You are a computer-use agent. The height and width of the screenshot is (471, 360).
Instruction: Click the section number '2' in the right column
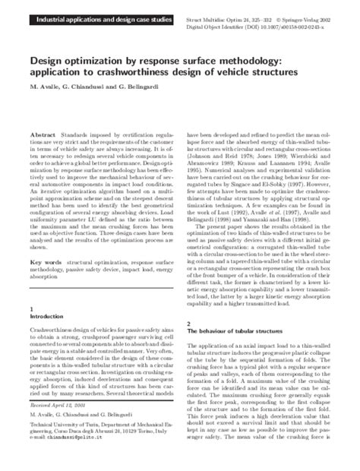(188, 324)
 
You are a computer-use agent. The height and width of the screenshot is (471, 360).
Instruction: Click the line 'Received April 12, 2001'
(57, 428)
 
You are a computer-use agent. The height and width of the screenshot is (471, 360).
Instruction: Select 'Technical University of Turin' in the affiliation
(63, 447)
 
